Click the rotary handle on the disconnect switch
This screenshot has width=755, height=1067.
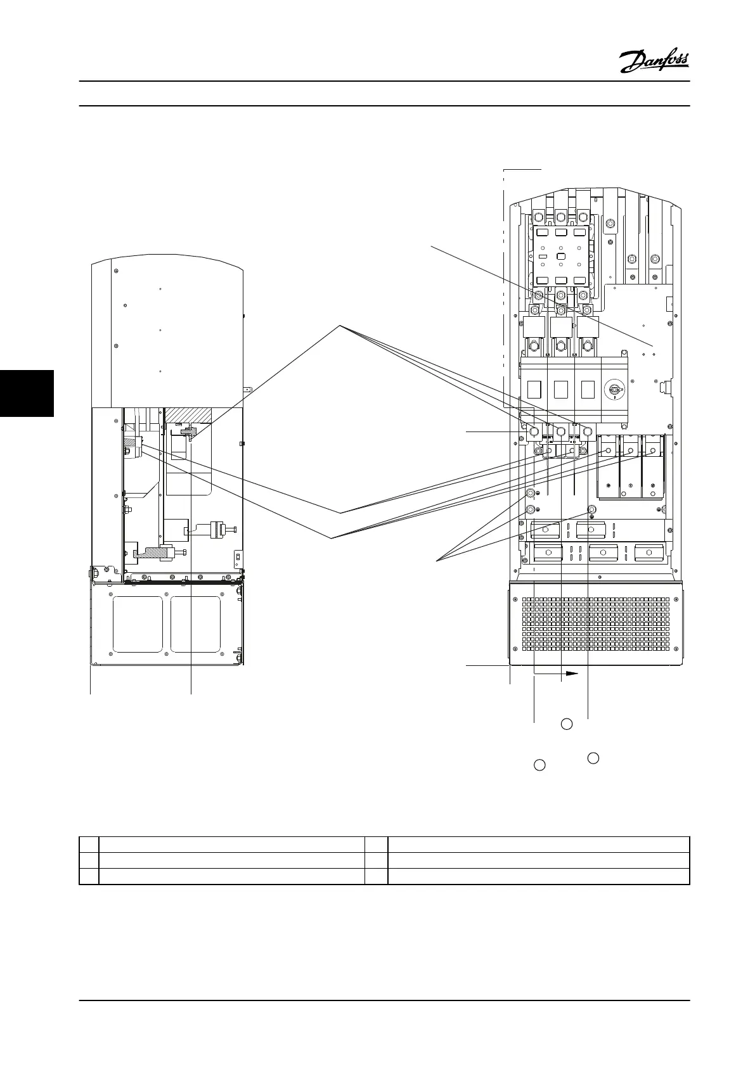614,390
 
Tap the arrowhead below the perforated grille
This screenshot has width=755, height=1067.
572,674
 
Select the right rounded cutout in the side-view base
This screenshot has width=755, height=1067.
195,623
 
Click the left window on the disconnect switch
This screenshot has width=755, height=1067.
534,389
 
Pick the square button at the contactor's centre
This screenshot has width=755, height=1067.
560,256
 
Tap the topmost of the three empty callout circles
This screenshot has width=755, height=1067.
567,724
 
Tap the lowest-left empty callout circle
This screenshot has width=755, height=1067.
539,765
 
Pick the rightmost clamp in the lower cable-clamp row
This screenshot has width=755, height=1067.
647,553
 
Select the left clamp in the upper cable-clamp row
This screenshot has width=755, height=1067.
546,529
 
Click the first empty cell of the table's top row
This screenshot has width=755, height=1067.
89,845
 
